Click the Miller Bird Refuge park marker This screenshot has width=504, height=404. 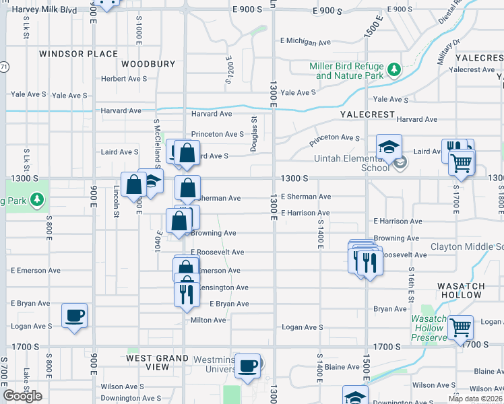pos(394,70)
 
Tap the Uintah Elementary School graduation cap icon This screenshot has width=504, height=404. pos(389,147)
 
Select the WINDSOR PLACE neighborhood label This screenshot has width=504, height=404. pos(78,54)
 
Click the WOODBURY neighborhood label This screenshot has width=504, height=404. pos(148,64)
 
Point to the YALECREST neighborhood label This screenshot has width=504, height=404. pos(367,114)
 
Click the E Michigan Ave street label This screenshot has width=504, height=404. pos(306,42)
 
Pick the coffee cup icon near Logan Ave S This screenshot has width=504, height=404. pos(74,314)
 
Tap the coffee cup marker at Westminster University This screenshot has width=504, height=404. pos(248,365)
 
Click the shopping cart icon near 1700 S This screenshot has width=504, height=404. pos(461,328)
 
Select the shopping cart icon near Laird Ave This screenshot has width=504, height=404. pos(462,162)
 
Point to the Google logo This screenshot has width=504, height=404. pos(23,396)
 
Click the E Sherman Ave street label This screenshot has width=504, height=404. pos(306,197)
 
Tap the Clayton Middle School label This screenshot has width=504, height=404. pos(466,247)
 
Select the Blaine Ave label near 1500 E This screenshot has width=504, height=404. pos(344,367)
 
